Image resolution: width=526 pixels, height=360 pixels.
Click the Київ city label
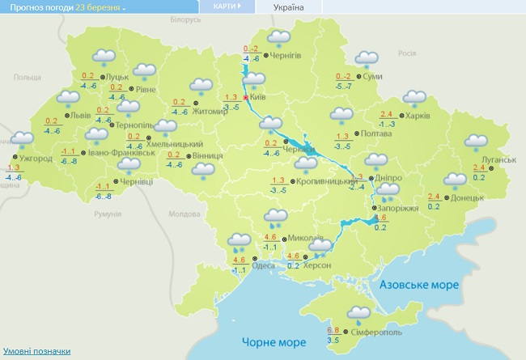(258, 96)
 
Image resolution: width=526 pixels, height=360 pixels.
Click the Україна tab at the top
(289, 6)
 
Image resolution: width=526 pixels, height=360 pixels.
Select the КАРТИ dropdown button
(227, 6)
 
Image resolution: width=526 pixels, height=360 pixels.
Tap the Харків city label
(419, 115)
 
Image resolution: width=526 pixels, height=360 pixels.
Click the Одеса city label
(263, 265)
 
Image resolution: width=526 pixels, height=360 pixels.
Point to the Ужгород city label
(36, 159)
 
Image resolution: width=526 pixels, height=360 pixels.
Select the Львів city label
(82, 116)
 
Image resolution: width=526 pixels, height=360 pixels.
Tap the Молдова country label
(182, 214)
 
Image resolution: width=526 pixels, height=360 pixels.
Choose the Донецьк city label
(467, 197)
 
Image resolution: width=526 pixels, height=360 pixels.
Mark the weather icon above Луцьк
(104, 58)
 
